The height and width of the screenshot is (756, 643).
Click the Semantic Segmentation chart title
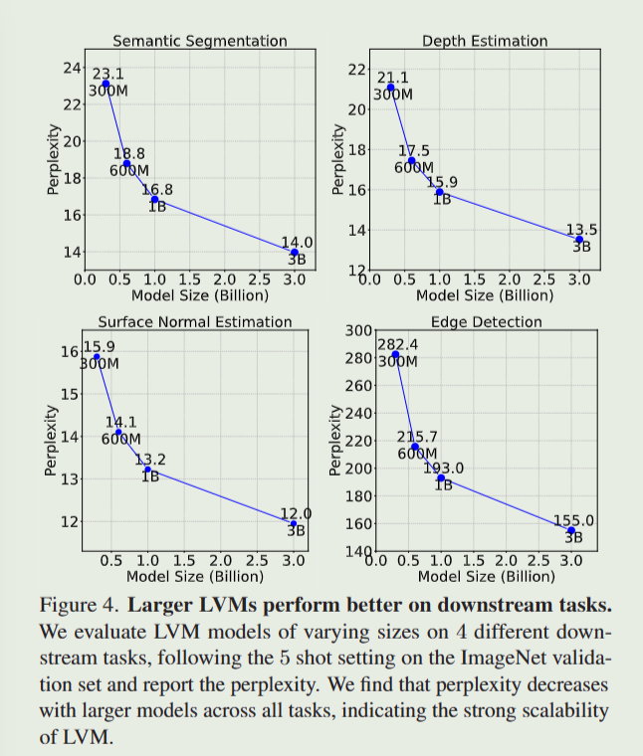click(200, 41)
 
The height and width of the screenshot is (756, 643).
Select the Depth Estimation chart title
click(485, 41)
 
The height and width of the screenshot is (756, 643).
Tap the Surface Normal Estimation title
click(195, 321)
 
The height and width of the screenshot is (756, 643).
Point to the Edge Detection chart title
click(487, 321)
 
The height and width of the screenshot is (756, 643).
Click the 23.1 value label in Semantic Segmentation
click(107, 74)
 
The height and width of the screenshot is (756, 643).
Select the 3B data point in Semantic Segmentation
click(294, 253)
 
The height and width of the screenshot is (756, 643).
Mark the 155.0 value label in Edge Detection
click(573, 519)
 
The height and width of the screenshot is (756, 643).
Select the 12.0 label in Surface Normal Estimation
click(296, 513)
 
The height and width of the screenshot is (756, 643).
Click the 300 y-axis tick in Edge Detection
click(357, 330)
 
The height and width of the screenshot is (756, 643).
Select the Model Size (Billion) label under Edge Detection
click(487, 576)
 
